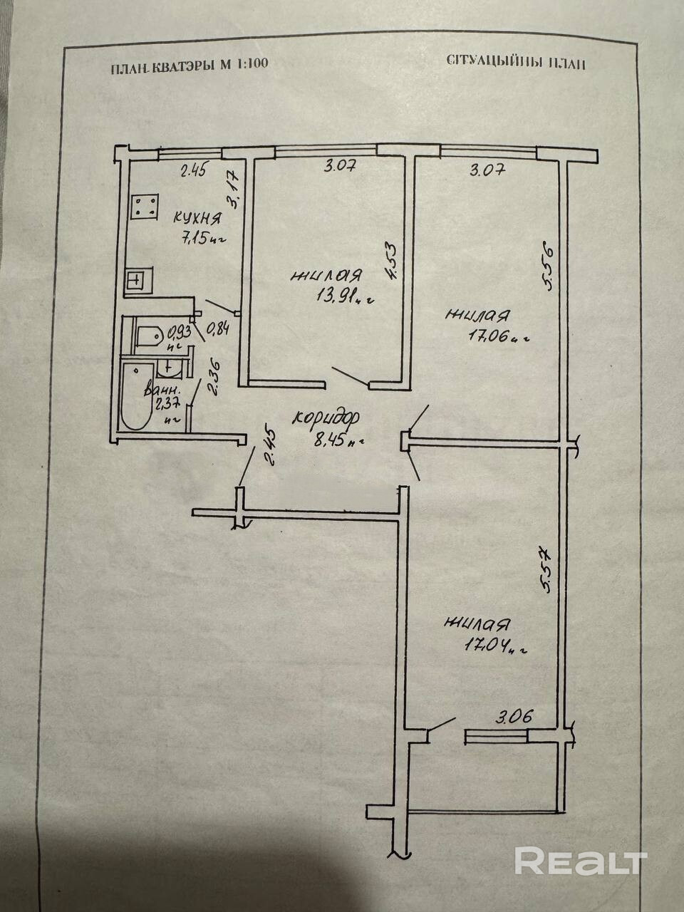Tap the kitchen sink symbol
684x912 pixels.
click(136, 280)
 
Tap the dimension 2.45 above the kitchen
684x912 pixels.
click(192, 170)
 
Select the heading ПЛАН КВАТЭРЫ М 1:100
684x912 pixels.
click(190, 66)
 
